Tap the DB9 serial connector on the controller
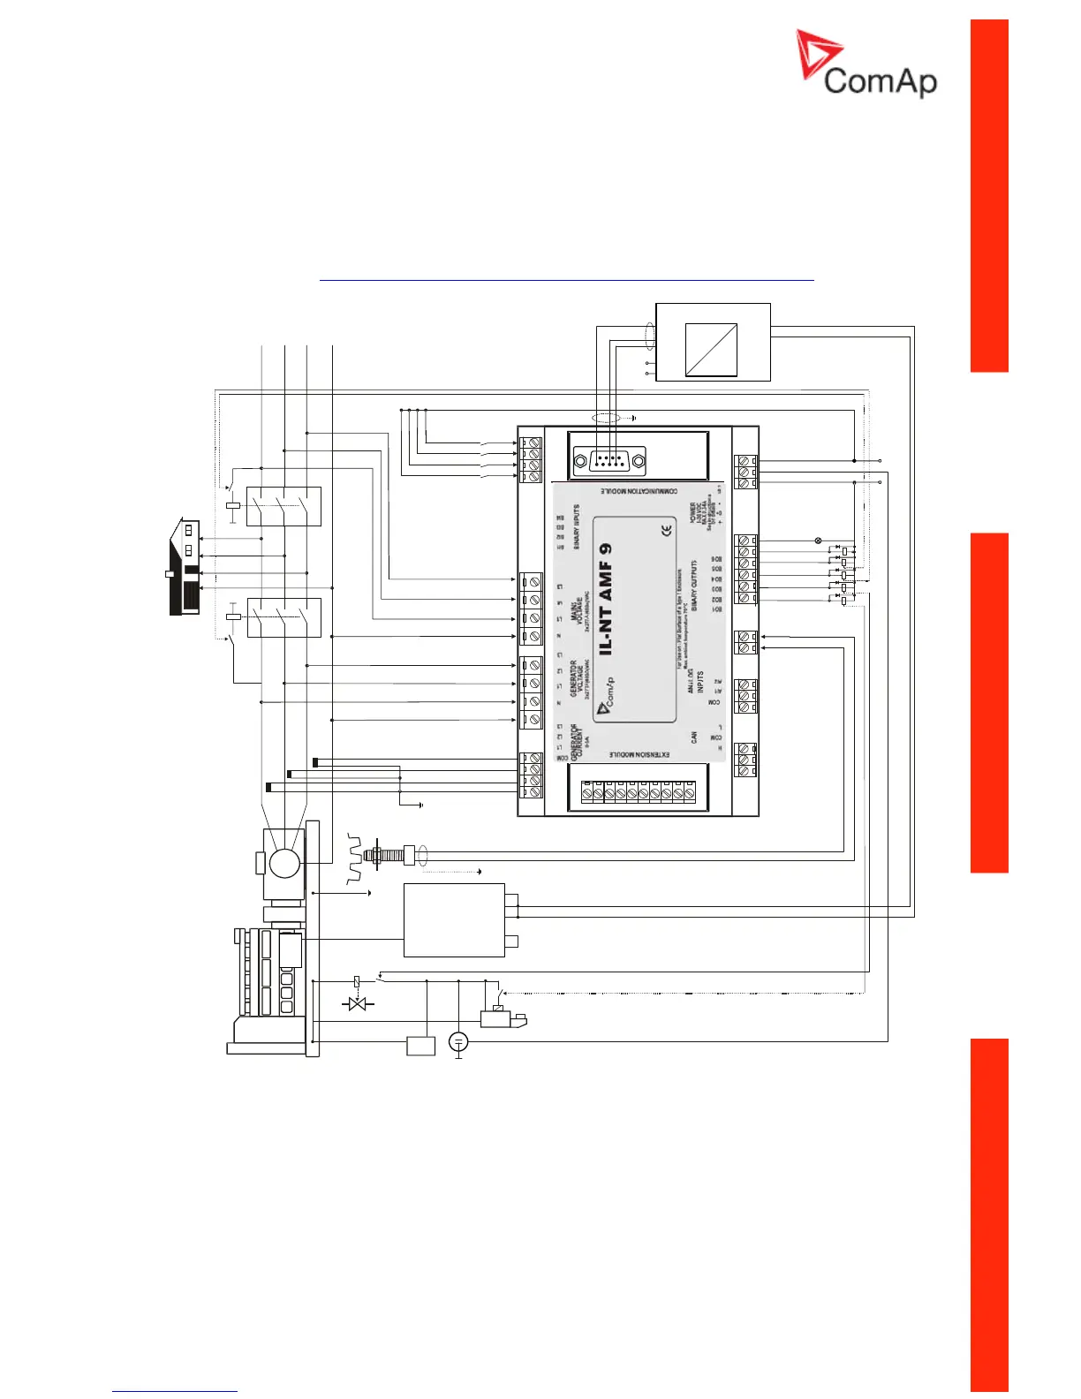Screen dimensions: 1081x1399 [x=609, y=460]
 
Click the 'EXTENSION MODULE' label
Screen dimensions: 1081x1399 [x=639, y=755]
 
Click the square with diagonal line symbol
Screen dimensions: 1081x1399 [x=711, y=350]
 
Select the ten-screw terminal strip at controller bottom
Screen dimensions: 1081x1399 [x=631, y=793]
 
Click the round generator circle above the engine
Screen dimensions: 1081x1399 [x=283, y=862]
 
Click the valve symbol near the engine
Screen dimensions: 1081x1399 [x=357, y=1004]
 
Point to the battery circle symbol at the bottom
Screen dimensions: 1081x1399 [x=457, y=1042]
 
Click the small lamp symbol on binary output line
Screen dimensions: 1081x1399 [x=817, y=540]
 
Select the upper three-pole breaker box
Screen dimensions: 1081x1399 [x=283, y=506]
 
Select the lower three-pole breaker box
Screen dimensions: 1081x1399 [x=283, y=616]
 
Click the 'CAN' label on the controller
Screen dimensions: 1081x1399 [x=694, y=736]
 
